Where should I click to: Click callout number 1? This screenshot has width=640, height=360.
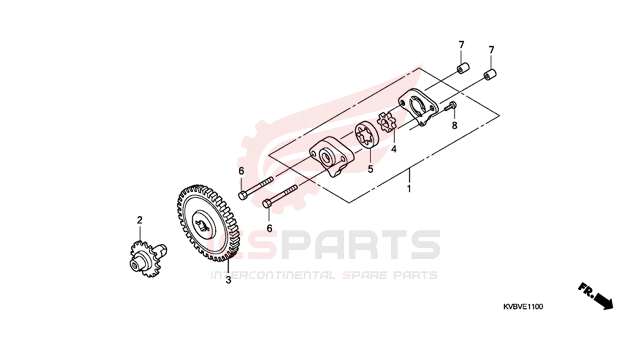[x=409, y=189]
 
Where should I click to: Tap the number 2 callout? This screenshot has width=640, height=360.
[x=140, y=220]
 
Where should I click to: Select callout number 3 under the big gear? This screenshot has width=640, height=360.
[x=228, y=280]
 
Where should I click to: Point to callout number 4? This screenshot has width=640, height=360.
[x=394, y=149]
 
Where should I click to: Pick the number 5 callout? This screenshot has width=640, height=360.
[x=370, y=169]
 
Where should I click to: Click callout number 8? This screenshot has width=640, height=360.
[x=454, y=125]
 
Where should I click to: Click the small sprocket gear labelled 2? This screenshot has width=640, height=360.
[x=148, y=259]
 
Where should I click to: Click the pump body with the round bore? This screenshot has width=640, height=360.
[x=332, y=157]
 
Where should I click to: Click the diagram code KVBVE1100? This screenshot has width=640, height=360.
[x=523, y=307]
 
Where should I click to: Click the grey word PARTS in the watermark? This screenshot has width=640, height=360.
[x=361, y=245]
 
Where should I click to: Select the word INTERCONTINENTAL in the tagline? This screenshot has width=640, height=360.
[x=273, y=275]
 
